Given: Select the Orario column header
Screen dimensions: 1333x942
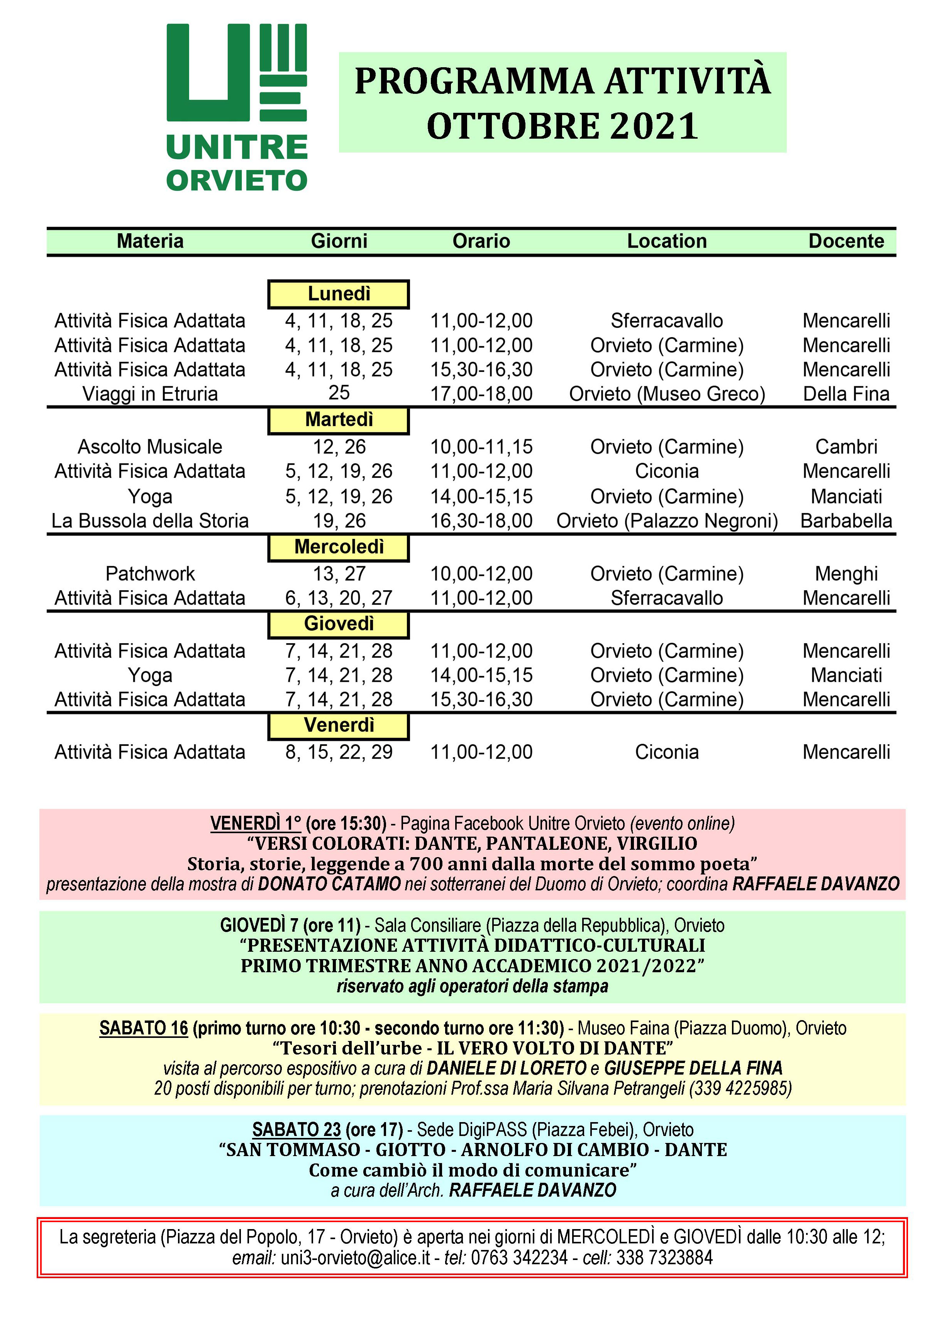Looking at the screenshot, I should coord(481,241).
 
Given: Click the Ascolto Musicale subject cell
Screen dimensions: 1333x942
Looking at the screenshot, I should coord(150,447).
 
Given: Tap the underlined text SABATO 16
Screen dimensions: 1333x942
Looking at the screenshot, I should coord(143,1028).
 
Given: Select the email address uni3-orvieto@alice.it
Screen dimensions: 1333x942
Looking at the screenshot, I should coord(355,1258).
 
